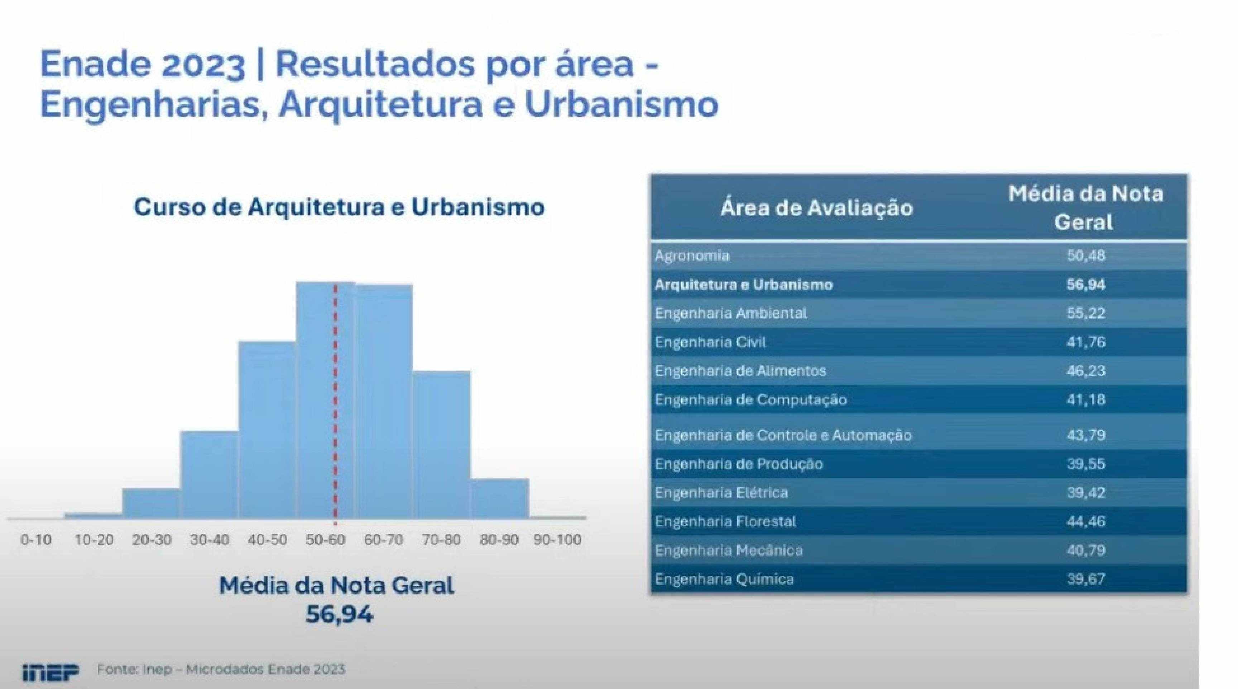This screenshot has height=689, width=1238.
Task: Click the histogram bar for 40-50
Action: [x=267, y=430]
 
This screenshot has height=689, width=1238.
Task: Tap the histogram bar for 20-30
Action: [x=152, y=503]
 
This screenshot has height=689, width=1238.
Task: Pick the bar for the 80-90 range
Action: [x=499, y=499]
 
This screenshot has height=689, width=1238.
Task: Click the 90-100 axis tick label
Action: [x=557, y=540]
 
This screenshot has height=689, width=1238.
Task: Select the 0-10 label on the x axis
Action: [x=36, y=540]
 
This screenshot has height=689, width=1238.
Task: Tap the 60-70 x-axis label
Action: [x=384, y=540]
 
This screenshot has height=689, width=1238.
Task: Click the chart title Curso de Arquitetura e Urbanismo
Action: [x=339, y=207]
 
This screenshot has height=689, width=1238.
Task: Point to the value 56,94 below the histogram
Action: [x=339, y=614]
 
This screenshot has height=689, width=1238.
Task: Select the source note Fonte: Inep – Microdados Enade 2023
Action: [x=221, y=669]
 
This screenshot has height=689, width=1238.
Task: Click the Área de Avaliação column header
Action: [x=816, y=208]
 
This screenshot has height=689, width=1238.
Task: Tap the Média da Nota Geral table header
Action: [x=1085, y=208]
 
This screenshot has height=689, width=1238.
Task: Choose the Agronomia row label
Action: [x=692, y=256]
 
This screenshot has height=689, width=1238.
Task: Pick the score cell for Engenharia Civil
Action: [x=1086, y=342]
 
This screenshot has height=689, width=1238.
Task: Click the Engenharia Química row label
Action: [x=724, y=579]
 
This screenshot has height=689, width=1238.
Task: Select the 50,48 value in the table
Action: [x=1086, y=255]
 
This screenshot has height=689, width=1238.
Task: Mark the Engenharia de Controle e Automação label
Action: [x=783, y=435]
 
